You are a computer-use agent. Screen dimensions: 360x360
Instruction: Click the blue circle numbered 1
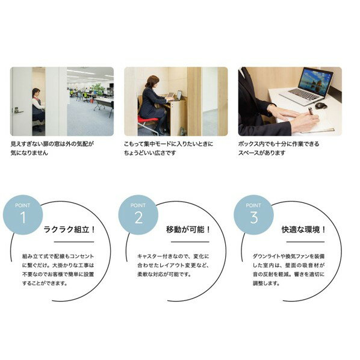tap(23, 214)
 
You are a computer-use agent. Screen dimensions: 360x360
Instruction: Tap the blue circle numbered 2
tap(138, 214)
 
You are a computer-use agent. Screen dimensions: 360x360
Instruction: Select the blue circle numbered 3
tap(253, 214)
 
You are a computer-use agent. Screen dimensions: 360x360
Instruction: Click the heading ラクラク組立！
tap(69, 229)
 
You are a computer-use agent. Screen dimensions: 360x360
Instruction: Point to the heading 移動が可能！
tap(188, 229)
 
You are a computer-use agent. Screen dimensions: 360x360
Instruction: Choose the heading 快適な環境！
tap(303, 229)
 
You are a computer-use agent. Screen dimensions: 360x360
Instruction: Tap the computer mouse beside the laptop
tap(321, 106)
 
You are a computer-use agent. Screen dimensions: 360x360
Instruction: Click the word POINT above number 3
tap(253, 205)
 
